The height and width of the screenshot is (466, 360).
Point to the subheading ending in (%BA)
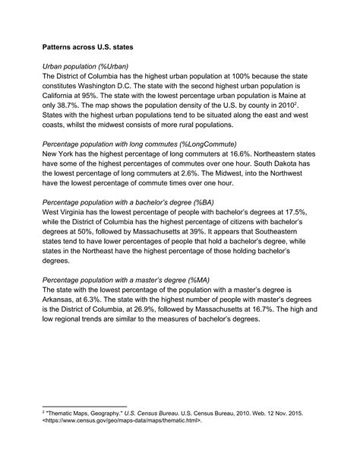128,202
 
